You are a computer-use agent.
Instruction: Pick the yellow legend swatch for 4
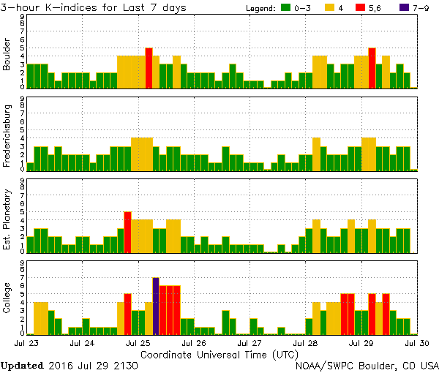point(329,7)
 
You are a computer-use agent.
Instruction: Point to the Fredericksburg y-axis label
point(7,135)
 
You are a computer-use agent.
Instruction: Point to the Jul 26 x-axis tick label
point(193,342)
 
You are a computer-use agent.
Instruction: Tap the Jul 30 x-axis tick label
point(417,342)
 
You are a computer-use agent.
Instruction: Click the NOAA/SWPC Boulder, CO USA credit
point(367,364)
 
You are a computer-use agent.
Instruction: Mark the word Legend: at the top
point(260,7)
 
